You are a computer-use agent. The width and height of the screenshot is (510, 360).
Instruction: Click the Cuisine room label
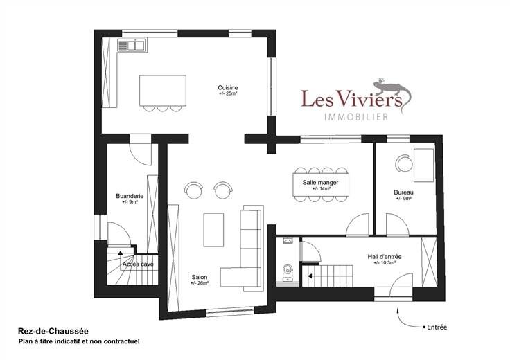pyautogui.click(x=228, y=87)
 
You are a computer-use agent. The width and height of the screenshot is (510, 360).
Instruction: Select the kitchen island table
pyautogui.click(x=163, y=91)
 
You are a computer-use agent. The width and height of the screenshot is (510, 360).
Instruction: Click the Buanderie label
pyautogui.click(x=130, y=196)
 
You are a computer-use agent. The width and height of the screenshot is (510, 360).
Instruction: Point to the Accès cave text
pyautogui.click(x=138, y=264)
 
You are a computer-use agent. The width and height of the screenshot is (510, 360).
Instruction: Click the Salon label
pyautogui.click(x=200, y=277)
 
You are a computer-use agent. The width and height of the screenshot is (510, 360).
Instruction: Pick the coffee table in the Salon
pyautogui.click(x=213, y=230)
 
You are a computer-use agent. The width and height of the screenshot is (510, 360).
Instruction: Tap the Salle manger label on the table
pyautogui.click(x=320, y=183)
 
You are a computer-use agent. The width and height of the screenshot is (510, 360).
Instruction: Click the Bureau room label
pyautogui.click(x=404, y=192)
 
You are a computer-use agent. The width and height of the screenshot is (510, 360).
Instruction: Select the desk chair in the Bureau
pyautogui.click(x=404, y=163)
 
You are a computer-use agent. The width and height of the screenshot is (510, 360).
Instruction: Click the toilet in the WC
pyautogui.click(x=288, y=272)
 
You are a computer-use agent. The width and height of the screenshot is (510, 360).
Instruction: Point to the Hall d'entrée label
pyautogui.click(x=385, y=257)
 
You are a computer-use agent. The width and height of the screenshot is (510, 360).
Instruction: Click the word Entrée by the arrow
pyautogui.click(x=437, y=327)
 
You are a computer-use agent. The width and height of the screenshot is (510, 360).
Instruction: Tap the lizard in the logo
pyautogui.click(x=393, y=93)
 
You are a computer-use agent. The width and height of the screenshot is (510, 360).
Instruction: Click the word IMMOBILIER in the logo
pyautogui.click(x=356, y=116)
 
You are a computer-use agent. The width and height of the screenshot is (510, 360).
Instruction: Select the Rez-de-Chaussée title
pyautogui.click(x=53, y=332)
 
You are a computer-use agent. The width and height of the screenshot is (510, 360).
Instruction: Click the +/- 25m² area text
pyautogui.click(x=228, y=93)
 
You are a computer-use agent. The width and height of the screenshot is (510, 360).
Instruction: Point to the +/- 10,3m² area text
pyautogui.click(x=385, y=262)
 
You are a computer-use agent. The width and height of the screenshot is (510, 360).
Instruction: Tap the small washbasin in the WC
pyautogui.click(x=288, y=241)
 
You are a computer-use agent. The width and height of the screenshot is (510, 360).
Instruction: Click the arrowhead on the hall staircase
pyautogui.click(x=310, y=276)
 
